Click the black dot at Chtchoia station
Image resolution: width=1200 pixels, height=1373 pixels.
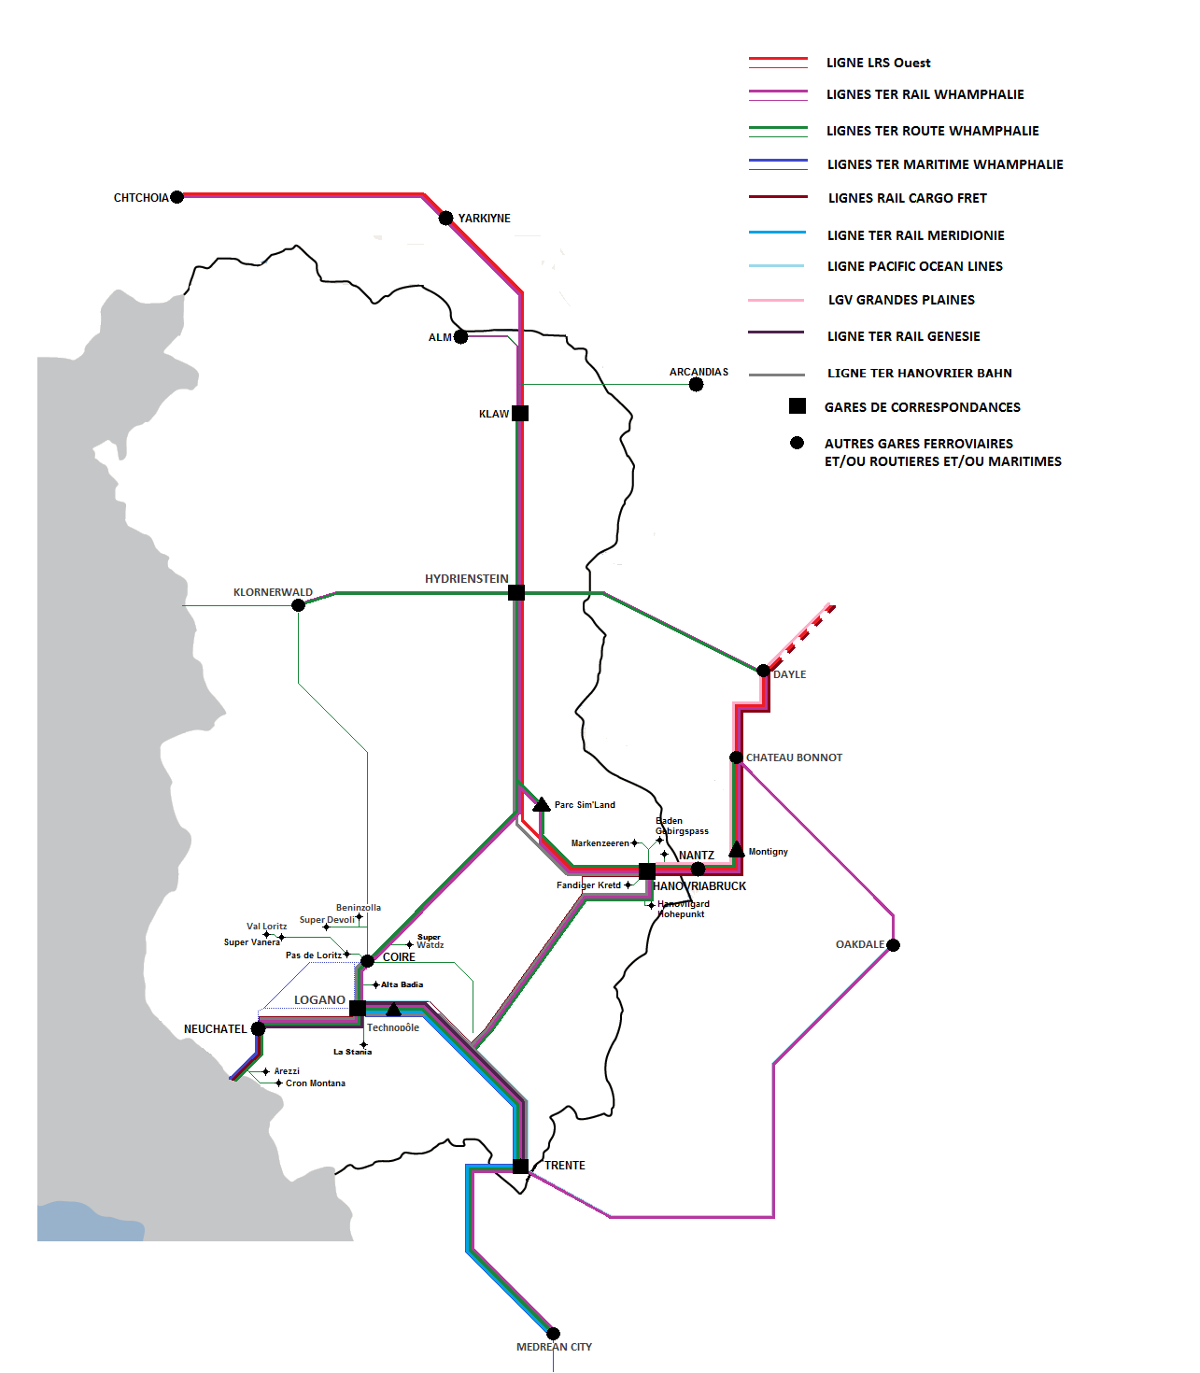click(176, 197)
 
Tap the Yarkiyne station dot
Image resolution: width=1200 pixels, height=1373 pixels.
click(446, 218)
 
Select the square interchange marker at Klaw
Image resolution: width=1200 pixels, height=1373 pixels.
click(520, 413)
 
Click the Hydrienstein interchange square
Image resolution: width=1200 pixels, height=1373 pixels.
click(515, 592)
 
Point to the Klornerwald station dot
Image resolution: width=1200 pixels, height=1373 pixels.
click(298, 605)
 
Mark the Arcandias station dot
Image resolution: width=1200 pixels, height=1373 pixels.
click(696, 384)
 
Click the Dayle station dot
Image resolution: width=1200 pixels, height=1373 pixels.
click(763, 671)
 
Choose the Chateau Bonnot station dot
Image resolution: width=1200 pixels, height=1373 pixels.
click(736, 757)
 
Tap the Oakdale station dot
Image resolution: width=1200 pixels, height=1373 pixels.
click(893, 944)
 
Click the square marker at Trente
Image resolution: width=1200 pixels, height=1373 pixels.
click(520, 1166)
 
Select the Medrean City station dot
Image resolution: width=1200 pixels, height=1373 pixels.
click(553, 1334)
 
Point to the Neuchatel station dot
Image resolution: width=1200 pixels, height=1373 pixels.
click(258, 1028)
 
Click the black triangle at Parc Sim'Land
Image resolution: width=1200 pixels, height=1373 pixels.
click(541, 804)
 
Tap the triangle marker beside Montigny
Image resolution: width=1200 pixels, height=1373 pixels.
click(736, 849)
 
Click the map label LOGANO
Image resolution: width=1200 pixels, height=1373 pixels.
click(319, 999)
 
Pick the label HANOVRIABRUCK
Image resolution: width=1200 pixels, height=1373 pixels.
click(699, 885)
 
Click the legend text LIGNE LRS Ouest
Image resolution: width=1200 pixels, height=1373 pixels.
click(878, 63)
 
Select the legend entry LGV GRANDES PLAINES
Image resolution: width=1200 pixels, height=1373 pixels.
click(901, 300)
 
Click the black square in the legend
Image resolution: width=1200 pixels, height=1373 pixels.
click(797, 405)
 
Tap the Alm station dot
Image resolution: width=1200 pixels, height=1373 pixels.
click(460, 336)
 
